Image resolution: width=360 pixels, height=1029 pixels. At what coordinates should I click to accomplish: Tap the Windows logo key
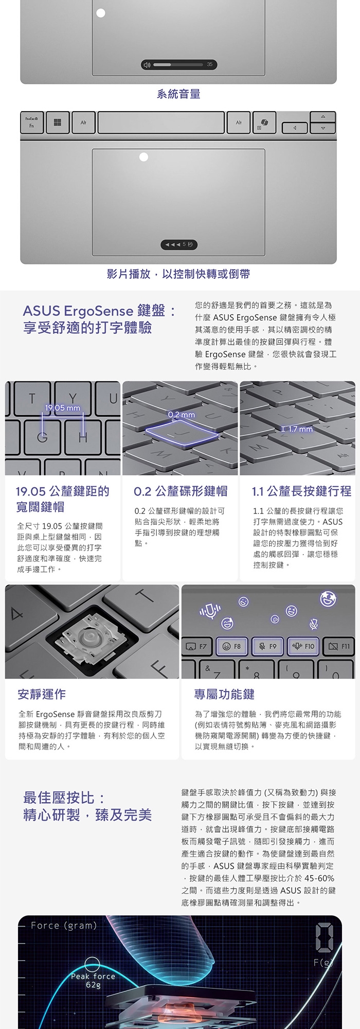57,122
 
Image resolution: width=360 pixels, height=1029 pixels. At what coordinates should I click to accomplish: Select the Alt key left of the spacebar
83,122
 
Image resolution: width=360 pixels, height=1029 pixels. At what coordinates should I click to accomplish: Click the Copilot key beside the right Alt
264,122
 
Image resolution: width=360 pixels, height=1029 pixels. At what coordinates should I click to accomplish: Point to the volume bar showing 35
179,64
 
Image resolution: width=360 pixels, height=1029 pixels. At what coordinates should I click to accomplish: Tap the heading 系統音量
178,94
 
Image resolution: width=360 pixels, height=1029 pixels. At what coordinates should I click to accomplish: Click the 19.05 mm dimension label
63,408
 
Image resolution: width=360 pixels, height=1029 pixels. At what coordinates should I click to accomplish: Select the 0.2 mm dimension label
182,415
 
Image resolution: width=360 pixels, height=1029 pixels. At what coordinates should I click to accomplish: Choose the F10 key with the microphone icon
303,646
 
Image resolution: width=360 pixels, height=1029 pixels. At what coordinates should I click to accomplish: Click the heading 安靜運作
42,694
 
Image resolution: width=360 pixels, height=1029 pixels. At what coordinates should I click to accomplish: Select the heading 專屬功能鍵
224,694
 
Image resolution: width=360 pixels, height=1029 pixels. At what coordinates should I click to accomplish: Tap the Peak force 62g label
93,980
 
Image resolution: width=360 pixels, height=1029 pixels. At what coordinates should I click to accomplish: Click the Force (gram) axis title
64,926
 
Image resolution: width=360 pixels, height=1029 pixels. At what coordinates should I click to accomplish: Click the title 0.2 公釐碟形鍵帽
181,491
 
